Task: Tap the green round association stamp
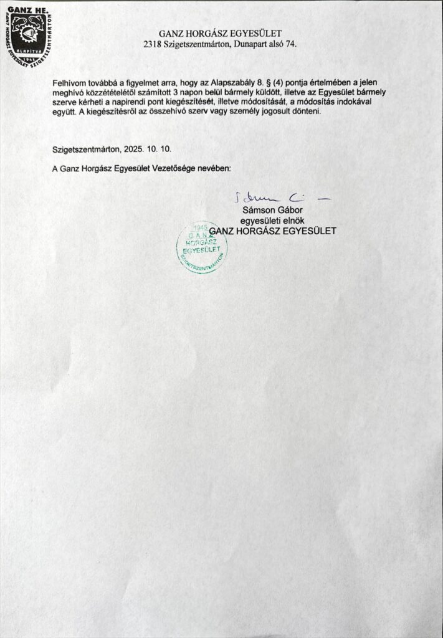tap(202, 247)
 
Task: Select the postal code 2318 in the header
tap(153, 44)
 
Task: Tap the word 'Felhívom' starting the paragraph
tap(70, 82)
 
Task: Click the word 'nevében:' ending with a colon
tap(214, 168)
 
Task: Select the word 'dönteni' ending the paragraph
tap(305, 112)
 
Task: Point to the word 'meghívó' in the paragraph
tap(69, 92)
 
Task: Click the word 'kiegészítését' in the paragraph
tap(188, 102)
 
